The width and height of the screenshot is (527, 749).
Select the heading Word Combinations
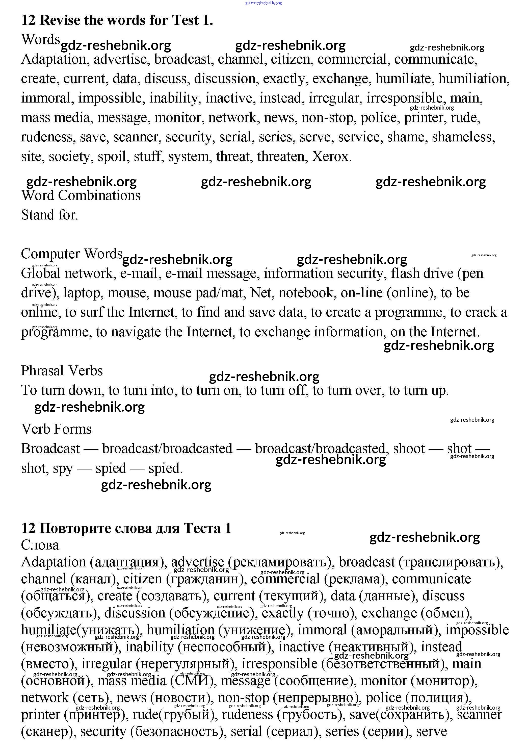click(x=81, y=196)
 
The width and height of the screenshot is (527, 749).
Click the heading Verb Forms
click(x=57, y=429)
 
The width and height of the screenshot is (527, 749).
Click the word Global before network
click(x=41, y=273)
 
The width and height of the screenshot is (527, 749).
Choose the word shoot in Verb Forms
click(x=409, y=449)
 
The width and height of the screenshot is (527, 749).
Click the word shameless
click(x=463, y=137)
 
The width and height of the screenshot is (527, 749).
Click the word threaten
click(x=282, y=157)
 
